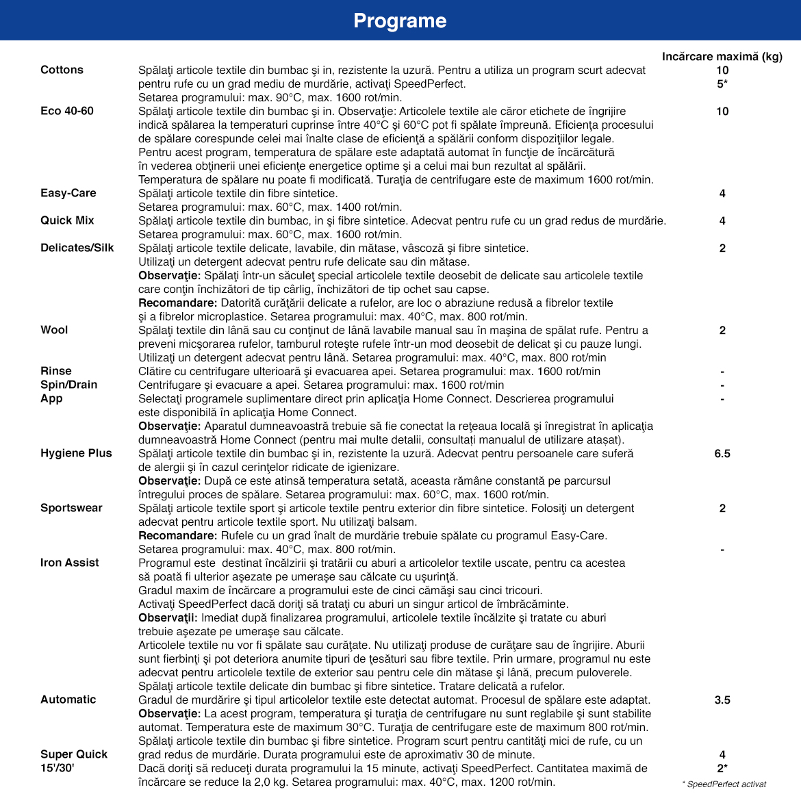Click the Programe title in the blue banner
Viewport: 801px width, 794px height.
point(400,21)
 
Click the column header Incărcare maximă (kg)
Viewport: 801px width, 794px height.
point(722,56)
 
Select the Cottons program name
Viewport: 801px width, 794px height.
point(62,70)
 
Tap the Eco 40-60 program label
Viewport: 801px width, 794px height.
point(67,111)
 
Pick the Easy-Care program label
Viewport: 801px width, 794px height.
point(68,193)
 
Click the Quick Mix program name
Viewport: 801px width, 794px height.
point(67,220)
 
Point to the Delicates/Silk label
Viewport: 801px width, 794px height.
point(77,248)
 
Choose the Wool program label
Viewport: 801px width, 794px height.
point(54,330)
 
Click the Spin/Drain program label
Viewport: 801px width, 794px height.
point(69,385)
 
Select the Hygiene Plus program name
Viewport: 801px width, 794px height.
point(76,453)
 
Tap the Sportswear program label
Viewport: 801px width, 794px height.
point(71,508)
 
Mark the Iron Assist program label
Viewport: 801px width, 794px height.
point(70,563)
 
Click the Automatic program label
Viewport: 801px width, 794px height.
point(68,700)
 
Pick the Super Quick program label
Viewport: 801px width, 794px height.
point(74,754)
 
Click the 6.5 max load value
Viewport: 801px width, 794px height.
point(722,453)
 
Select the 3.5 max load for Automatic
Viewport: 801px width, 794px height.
point(722,700)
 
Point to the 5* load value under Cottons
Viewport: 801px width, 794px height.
point(722,84)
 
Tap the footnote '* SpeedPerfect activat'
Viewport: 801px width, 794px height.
point(724,784)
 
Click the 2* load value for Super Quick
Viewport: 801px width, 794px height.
point(722,768)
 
